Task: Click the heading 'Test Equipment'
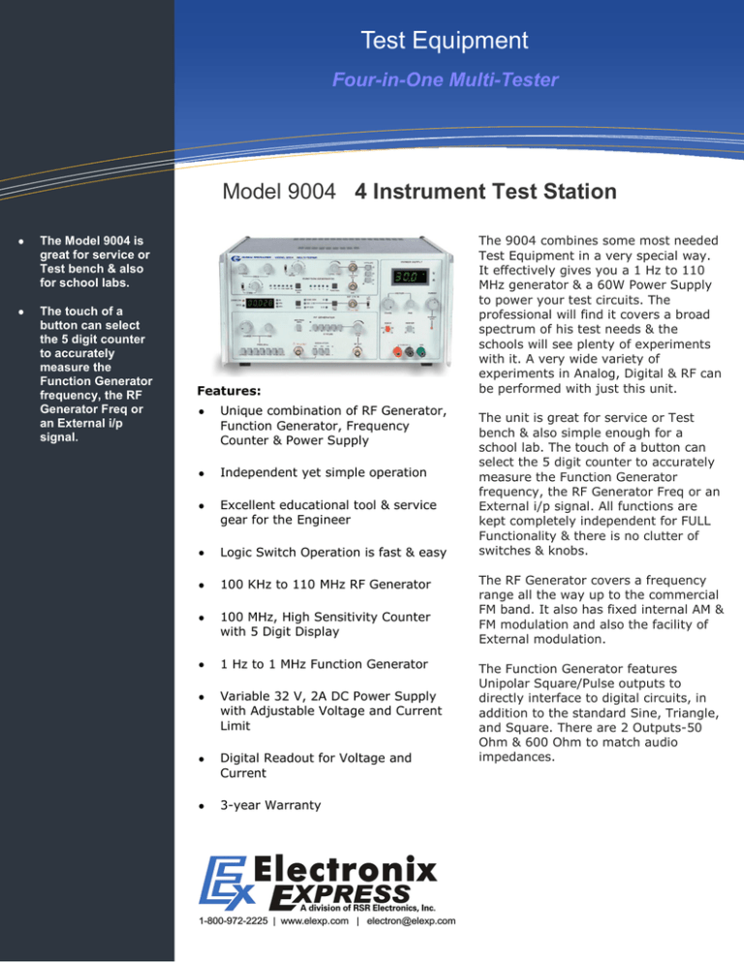(x=458, y=41)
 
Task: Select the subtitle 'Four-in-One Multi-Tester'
(x=458, y=80)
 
